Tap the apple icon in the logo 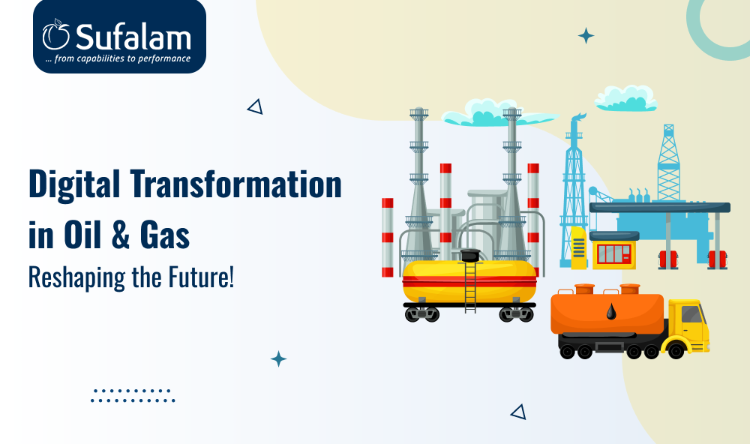[x=56, y=34]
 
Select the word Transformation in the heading [x=235, y=184]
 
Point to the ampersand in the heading [x=121, y=235]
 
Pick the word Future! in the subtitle [x=201, y=277]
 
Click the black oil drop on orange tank [x=611, y=311]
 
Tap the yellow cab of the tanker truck [x=688, y=325]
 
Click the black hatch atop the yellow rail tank [x=470, y=255]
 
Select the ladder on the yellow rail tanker [x=470, y=287]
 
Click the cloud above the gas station [x=625, y=98]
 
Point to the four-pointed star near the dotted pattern [x=278, y=358]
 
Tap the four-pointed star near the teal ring [x=586, y=36]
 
